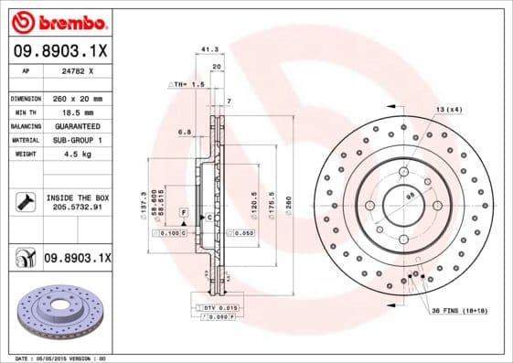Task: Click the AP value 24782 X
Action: (x=78, y=69)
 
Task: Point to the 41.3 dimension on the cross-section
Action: (x=208, y=50)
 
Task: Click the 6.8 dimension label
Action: (x=185, y=132)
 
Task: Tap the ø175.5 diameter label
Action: (x=273, y=199)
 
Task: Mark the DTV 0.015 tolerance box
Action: (x=218, y=306)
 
